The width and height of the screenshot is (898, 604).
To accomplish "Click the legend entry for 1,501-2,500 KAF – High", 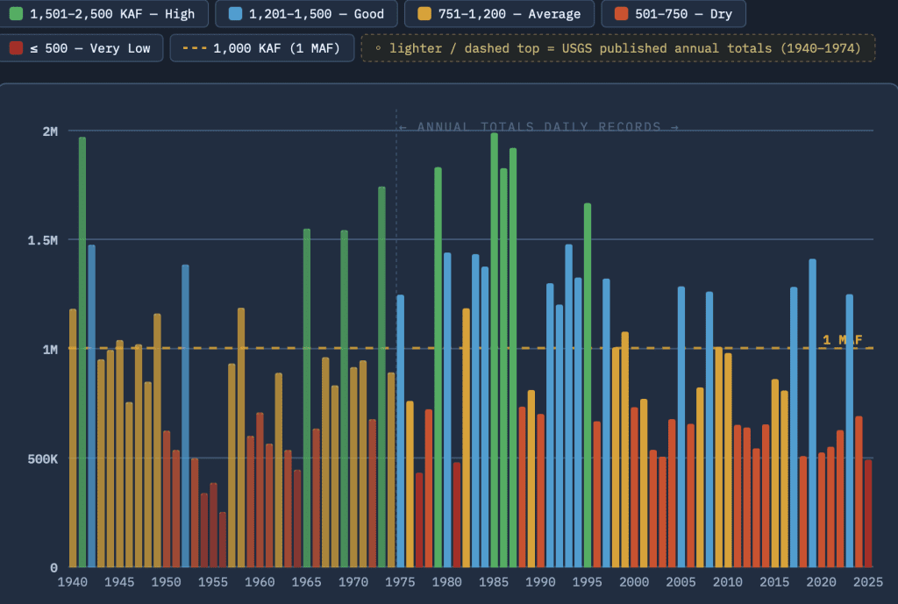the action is click(103, 14).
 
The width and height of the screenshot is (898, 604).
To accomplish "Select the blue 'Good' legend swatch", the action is click(235, 14).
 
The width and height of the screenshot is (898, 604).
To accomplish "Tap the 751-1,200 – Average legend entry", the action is click(499, 14).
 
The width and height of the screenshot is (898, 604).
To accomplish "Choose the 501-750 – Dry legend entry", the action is click(673, 14).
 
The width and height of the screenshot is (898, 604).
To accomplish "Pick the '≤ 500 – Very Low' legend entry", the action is click(82, 48).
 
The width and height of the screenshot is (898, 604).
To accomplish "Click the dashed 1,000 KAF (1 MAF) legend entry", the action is click(261, 48).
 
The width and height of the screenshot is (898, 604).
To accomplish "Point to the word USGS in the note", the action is click(577, 48).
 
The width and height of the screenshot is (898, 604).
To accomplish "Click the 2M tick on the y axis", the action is click(50, 131).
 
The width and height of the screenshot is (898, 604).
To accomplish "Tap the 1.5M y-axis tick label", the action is click(42, 240).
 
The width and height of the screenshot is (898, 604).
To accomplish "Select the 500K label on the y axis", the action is click(42, 458).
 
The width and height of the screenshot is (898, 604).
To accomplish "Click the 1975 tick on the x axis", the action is click(400, 582).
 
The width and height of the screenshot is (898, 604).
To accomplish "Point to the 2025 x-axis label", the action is click(867, 582).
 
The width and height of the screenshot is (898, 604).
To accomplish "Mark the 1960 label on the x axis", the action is click(260, 582).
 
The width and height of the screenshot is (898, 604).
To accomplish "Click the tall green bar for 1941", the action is click(82, 352).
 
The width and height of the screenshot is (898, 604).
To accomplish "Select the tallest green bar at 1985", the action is click(495, 350).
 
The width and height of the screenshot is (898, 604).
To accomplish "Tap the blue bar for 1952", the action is click(186, 416).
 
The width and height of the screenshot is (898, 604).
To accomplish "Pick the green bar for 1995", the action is click(588, 386).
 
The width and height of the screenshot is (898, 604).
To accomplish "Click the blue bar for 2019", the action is click(813, 413).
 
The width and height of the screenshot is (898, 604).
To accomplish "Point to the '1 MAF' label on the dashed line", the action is click(843, 340).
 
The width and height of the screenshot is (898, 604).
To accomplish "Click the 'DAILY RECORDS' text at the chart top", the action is click(602, 126).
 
